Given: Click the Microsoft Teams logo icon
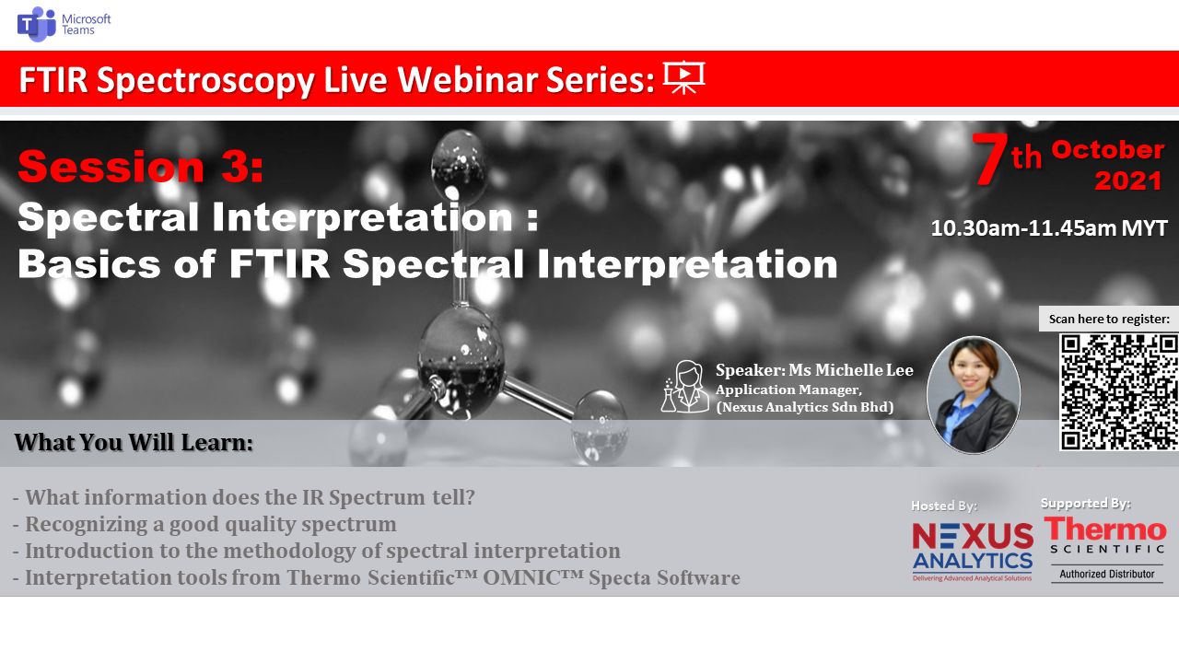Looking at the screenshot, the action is pyautogui.click(x=36, y=24).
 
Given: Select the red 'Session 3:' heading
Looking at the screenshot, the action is pyautogui.click(x=141, y=167).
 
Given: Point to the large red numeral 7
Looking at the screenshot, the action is pyautogui.click(x=989, y=158).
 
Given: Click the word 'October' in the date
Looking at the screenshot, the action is pyautogui.click(x=1107, y=150).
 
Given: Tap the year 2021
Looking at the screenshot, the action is pyautogui.click(x=1128, y=181).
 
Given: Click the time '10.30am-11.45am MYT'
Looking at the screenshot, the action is pyautogui.click(x=1049, y=228).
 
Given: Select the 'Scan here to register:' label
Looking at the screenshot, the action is pyautogui.click(x=1109, y=319).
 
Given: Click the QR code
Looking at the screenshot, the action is pyautogui.click(x=1119, y=392).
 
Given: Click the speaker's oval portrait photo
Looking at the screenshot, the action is pyautogui.click(x=974, y=395).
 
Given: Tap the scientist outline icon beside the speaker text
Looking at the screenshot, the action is pyautogui.click(x=684, y=387).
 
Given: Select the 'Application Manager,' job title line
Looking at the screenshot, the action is pyautogui.click(x=788, y=390).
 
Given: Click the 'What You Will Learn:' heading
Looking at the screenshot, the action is pyautogui.click(x=134, y=443).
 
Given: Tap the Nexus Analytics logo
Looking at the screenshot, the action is pyautogui.click(x=972, y=552).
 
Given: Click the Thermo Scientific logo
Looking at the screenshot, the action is pyautogui.click(x=1106, y=535).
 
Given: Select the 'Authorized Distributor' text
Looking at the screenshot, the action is pyautogui.click(x=1107, y=574).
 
